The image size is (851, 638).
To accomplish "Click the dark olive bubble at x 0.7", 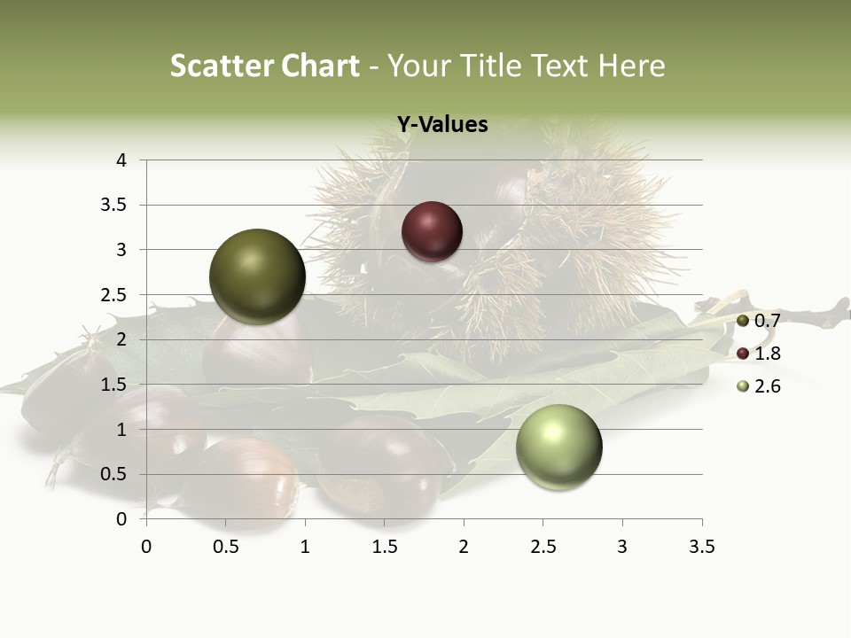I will tap(257, 276).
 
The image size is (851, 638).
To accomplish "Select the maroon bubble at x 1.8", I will tap(432, 231).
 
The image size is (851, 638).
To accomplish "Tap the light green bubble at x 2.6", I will tap(558, 447).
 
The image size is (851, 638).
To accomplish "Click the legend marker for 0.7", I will tap(743, 321).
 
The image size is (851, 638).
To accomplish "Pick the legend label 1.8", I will tap(767, 354).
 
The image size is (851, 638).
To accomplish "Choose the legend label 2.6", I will tap(767, 386).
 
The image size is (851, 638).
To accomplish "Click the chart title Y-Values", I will tap(442, 125).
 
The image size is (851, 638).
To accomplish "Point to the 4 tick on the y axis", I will tap(121, 160).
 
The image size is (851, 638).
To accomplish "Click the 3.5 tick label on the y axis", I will tap(114, 206).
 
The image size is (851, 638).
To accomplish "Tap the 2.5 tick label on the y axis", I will tap(114, 295).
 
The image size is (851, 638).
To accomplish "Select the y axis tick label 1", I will tap(121, 430).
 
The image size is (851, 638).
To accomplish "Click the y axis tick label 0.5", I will tap(114, 474).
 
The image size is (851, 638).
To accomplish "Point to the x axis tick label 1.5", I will tap(384, 548).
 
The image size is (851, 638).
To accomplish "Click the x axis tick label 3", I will tap(622, 548).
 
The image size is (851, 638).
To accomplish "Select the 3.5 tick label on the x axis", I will tap(701, 548).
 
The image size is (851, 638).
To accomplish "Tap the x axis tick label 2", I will tap(464, 548).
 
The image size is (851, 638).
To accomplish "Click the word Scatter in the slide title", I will tap(221, 66).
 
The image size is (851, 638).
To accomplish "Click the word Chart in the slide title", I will tap(320, 66).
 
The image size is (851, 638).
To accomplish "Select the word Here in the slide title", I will tap(631, 66).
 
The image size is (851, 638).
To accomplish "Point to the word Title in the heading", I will tap(493, 66).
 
